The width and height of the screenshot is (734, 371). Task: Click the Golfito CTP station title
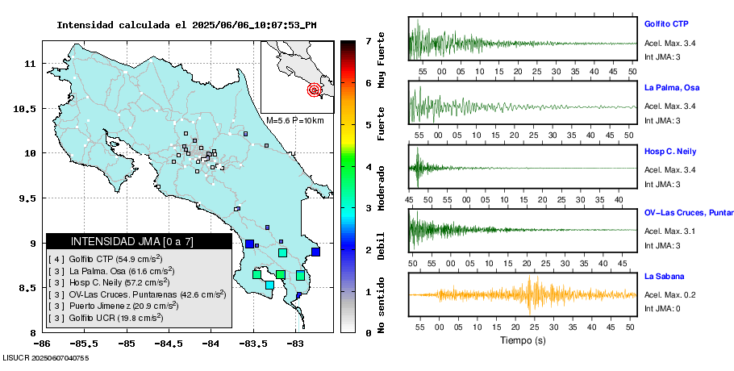tap(665, 24)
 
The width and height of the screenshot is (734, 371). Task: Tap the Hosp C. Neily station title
tap(669, 151)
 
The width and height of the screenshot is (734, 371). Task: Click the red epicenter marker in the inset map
tap(315, 90)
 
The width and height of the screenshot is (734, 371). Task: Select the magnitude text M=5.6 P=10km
tap(295, 121)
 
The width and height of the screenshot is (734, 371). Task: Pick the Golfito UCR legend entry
tap(127, 319)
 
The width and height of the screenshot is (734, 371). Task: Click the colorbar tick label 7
tap(368, 40)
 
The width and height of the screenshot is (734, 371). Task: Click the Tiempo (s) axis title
tap(522, 340)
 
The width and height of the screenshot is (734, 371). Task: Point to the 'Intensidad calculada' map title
tap(186, 25)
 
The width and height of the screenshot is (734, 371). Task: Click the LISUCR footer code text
tap(46, 357)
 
